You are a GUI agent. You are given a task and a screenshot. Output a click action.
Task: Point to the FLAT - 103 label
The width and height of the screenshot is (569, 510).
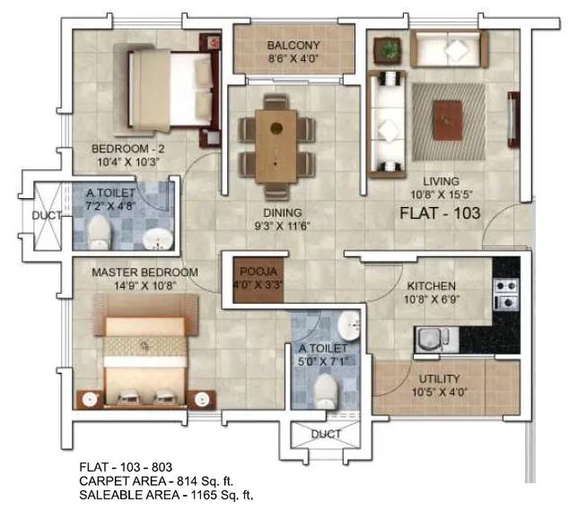pyautogui.click(x=440, y=214)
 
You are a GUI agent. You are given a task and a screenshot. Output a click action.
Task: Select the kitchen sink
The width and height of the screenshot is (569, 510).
pyautogui.click(x=428, y=339)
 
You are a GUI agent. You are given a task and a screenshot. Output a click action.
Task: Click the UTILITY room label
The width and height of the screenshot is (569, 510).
pyautogui.click(x=439, y=379)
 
